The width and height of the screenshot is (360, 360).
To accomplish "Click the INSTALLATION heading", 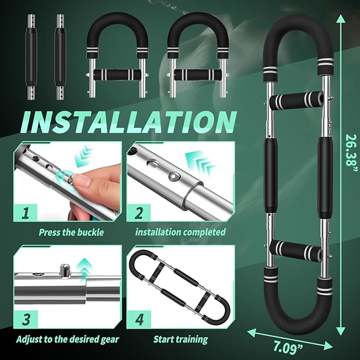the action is (x=128, y=122).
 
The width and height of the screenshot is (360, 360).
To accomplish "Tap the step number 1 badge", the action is (x=25, y=213).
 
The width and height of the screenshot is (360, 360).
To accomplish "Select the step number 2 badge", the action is (x=138, y=213).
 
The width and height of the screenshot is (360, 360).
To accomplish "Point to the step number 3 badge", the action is (x=25, y=320).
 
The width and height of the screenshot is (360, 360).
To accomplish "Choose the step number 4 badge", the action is (x=139, y=320).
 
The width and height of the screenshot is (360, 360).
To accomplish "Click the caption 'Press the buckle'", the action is (x=71, y=233).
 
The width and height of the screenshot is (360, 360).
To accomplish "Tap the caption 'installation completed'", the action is (x=180, y=232).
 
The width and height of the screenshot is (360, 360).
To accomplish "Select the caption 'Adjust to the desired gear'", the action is (x=67, y=339).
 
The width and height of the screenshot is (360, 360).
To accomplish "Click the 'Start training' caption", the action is (x=180, y=339).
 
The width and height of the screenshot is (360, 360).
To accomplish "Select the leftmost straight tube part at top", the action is (x=31, y=57).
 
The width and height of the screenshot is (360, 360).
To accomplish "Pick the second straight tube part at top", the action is (x=60, y=57).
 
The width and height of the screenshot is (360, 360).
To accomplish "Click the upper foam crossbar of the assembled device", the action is (x=296, y=100).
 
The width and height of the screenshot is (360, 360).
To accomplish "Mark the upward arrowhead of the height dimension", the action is (x=341, y=19).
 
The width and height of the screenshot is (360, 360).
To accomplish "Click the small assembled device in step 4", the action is (x=180, y=287).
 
